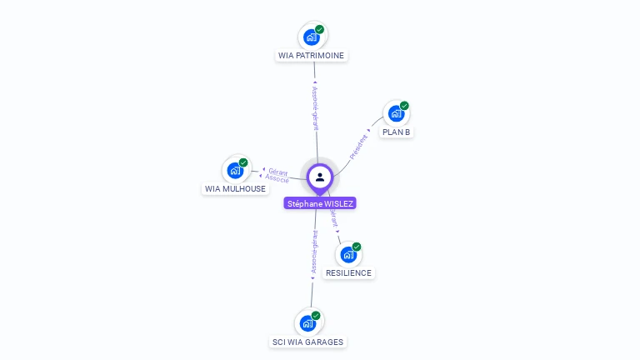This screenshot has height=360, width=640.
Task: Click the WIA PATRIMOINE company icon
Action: (x=312, y=37)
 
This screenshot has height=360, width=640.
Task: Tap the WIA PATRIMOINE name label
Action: (x=311, y=56)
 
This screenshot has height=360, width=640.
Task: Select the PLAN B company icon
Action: (x=396, y=113)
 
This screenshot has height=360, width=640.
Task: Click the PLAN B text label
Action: (x=397, y=132)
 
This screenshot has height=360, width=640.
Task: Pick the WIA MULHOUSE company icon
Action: (x=235, y=170)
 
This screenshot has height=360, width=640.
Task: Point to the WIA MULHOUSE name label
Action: (x=235, y=189)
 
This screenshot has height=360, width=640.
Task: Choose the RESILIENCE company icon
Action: (x=348, y=254)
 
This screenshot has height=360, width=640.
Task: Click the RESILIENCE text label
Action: (x=348, y=273)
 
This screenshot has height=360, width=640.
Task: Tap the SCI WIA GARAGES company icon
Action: (x=308, y=322)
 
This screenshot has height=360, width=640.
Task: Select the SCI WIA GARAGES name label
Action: (x=307, y=342)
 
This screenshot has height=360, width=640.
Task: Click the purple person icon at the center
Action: (x=320, y=177)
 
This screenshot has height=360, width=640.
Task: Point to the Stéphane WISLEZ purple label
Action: (x=320, y=203)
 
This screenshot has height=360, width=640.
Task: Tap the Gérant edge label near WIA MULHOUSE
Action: (x=278, y=172)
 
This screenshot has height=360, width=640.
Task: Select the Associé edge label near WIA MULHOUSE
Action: (x=277, y=179)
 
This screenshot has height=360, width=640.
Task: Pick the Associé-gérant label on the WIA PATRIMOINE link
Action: (x=315, y=108)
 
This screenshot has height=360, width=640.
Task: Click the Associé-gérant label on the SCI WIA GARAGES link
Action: (x=314, y=253)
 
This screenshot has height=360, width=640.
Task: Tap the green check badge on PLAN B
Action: (x=404, y=106)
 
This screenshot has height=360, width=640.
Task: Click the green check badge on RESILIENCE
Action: (x=357, y=247)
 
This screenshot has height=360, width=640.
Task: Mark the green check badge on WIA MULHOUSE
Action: (x=243, y=162)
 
